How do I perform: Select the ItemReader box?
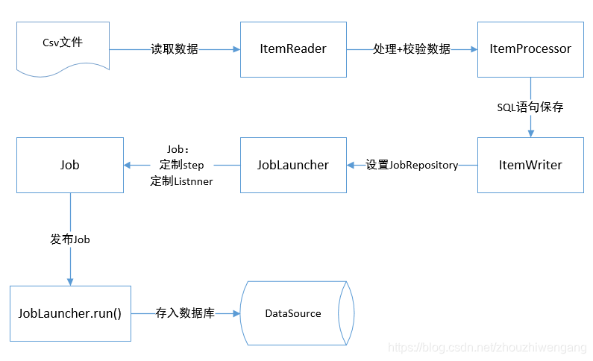pos(293,49)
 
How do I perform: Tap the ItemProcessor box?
pos(530,49)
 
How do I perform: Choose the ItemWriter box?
pos(530,165)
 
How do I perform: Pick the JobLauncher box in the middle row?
pos(293,165)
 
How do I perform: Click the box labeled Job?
pos(70,165)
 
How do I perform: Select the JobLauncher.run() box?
pos(70,313)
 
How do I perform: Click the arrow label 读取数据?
pos(175,49)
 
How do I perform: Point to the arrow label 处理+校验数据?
pos(412,49)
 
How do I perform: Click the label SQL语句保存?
pos(530,107)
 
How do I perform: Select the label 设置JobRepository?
pos(412,165)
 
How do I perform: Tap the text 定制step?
pos(181,165)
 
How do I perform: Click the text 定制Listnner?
pos(181,180)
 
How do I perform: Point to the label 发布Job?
pos(70,239)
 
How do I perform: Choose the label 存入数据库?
pos(185,313)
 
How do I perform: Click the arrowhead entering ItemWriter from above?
pos(530,133)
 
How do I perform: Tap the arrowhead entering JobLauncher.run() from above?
pos(70,281)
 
